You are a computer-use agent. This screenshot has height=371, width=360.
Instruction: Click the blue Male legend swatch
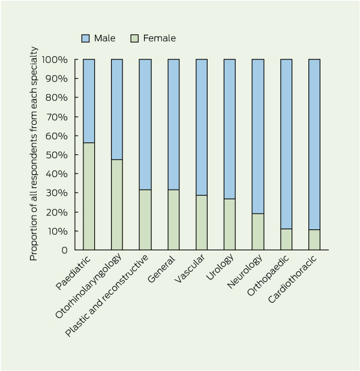pyautogui.click(x=86, y=38)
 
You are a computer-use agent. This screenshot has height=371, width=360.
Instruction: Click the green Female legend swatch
pyautogui.click(x=134, y=38)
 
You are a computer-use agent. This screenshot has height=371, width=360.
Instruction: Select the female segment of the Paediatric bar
pyautogui.click(x=89, y=196)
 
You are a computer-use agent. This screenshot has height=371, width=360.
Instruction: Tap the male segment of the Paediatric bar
pyautogui.click(x=89, y=101)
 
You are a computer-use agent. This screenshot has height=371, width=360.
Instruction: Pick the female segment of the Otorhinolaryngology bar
pyautogui.click(x=117, y=205)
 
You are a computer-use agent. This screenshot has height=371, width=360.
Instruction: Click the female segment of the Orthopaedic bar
pyautogui.click(x=286, y=239)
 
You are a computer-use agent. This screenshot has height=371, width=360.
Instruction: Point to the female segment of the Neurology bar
pyautogui.click(x=257, y=232)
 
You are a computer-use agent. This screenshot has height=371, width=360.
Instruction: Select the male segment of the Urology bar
pyautogui.click(x=229, y=129)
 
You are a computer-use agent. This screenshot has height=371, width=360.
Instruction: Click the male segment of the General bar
pyautogui.click(x=173, y=124)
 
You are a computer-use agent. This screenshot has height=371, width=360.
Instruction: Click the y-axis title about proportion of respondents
pyautogui.click(x=34, y=154)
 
